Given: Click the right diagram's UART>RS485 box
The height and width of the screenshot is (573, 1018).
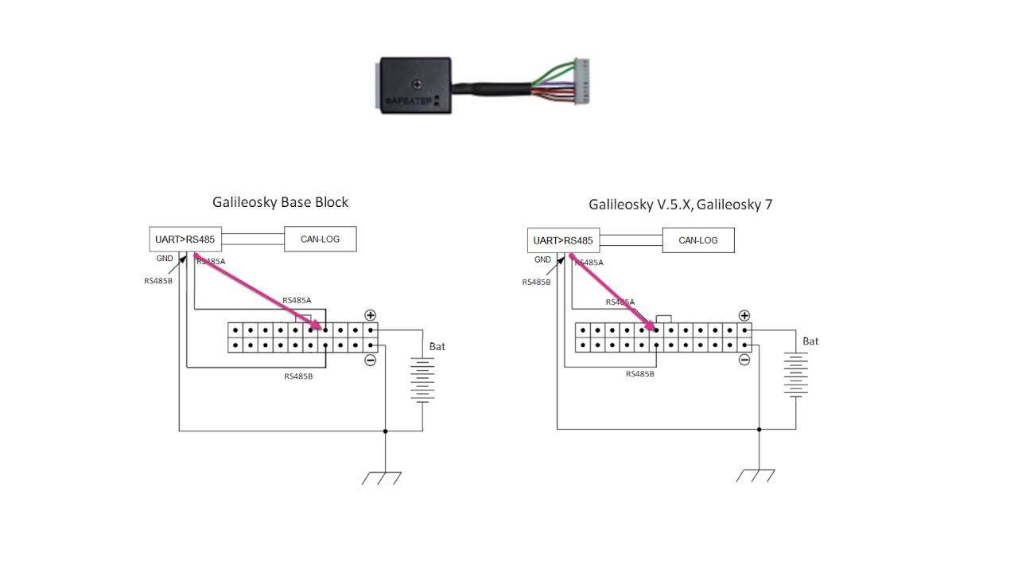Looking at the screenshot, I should click(x=563, y=240).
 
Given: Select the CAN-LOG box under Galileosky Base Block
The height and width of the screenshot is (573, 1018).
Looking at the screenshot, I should click(x=320, y=239).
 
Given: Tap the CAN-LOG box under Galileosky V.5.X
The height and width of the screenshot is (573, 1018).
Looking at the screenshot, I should click(x=697, y=240).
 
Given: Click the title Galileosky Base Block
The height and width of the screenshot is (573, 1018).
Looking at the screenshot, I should click(x=280, y=202).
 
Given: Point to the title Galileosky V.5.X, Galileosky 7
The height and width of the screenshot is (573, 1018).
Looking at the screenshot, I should click(x=680, y=205).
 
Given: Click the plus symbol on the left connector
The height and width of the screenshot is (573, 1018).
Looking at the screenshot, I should click(x=370, y=315).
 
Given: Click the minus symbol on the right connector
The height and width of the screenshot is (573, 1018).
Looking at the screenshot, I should click(x=744, y=360).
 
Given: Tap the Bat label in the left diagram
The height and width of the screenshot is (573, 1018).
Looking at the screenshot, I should click(x=437, y=347).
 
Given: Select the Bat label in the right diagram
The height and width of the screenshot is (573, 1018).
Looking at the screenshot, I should click(x=810, y=341).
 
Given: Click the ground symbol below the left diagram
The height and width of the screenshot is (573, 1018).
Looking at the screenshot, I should click(x=382, y=477).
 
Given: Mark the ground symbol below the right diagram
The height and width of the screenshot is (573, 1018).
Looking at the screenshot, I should click(x=756, y=475).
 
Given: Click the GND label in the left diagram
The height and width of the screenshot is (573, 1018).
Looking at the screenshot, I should click(x=165, y=259).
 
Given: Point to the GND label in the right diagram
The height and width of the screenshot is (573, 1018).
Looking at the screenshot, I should click(x=542, y=259).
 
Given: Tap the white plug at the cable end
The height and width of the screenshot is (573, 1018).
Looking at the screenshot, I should click(x=582, y=82).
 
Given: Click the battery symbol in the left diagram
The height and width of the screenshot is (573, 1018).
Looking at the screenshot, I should click(x=422, y=380).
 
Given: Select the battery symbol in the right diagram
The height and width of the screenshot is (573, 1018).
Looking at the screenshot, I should click(x=796, y=374).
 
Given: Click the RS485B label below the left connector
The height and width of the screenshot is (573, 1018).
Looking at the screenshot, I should click(x=298, y=376).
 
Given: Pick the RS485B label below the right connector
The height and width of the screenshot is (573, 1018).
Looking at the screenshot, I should click(x=640, y=374).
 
